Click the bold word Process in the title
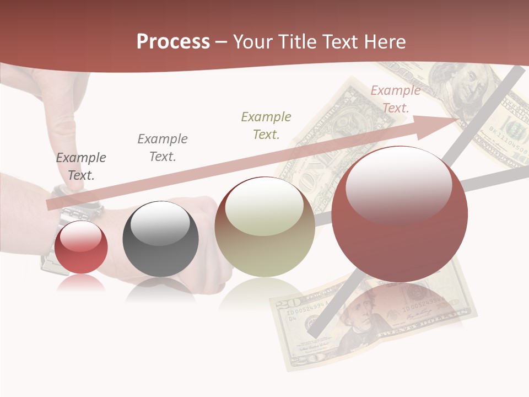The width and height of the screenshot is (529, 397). (x=173, y=42)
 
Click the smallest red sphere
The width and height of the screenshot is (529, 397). (x=81, y=247)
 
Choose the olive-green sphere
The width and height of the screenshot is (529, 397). (x=264, y=227)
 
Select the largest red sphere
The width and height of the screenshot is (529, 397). (x=400, y=214)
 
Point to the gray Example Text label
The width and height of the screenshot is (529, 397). (x=163, y=148)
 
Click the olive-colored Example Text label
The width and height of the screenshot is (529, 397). (x=266, y=125)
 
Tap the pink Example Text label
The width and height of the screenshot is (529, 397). (x=395, y=99)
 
